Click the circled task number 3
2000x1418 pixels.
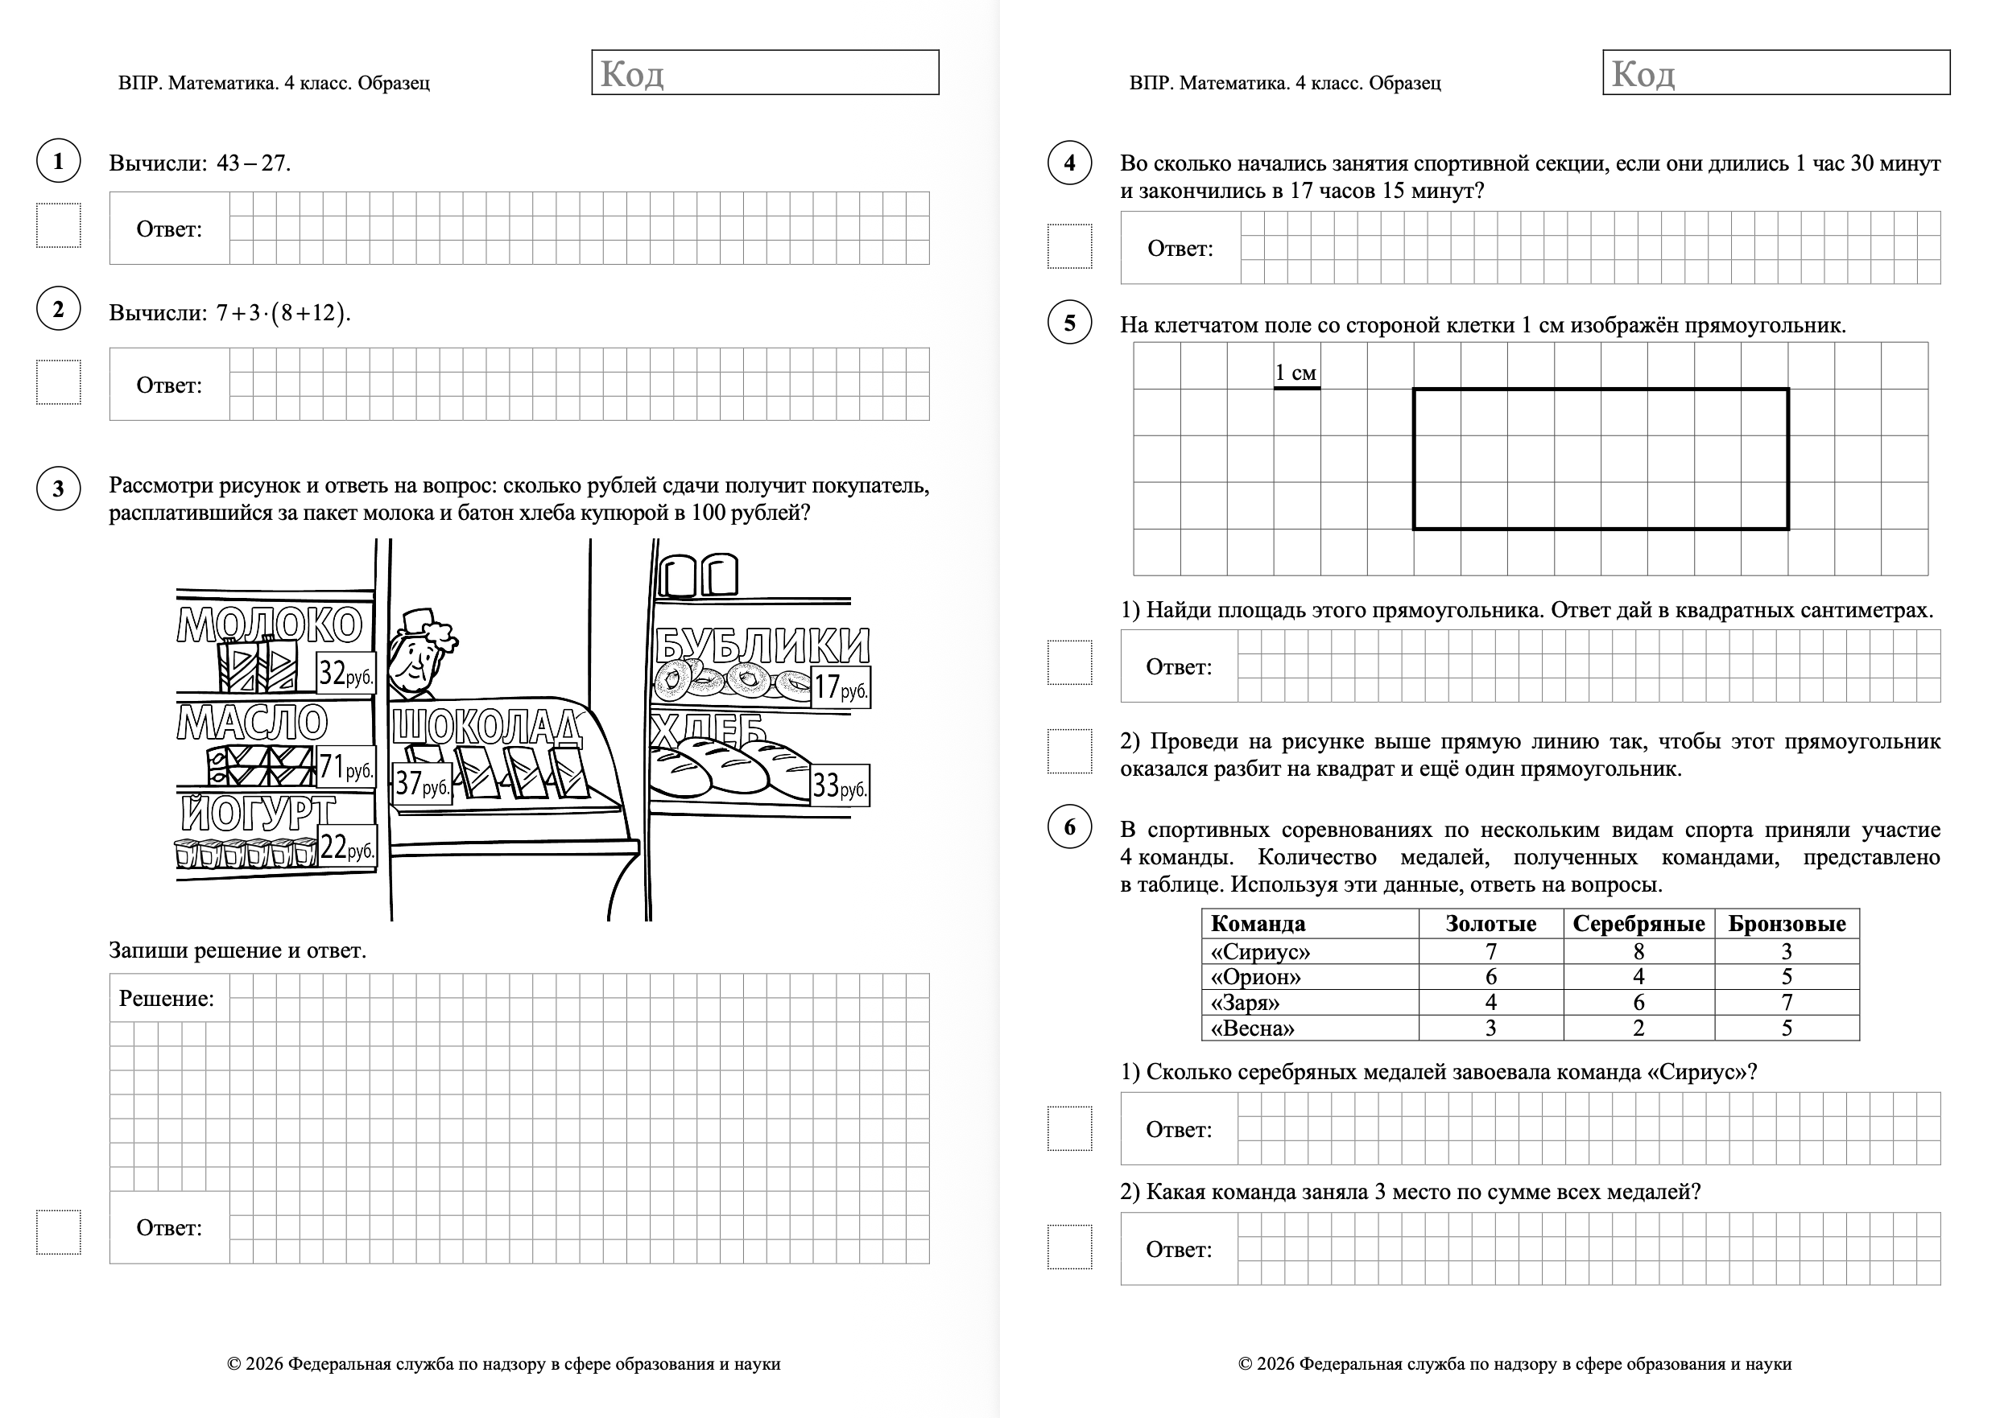click(59, 488)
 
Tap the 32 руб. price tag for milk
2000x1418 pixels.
click(345, 674)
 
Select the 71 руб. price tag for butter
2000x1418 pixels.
click(346, 768)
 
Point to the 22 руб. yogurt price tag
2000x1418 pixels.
click(347, 847)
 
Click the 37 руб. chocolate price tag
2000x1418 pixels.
click(422, 783)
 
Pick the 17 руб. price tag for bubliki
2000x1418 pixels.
click(840, 687)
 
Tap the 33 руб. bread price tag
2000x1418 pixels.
click(840, 785)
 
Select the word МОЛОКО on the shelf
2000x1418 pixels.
click(270, 625)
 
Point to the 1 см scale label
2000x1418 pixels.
click(1295, 373)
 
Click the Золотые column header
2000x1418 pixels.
click(1491, 924)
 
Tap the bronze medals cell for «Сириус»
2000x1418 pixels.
click(1786, 952)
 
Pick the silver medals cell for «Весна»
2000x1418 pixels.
click(1638, 1028)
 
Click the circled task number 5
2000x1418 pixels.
click(1070, 323)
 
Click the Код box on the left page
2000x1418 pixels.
click(765, 72)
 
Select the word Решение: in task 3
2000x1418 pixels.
click(167, 999)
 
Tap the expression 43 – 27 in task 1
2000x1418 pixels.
click(251, 163)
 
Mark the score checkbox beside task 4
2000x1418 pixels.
click(1070, 246)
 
